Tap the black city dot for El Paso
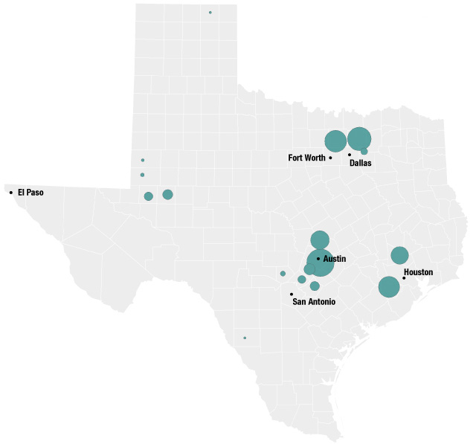(11, 193)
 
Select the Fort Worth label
(306, 158)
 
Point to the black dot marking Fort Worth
(330, 158)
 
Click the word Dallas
(360, 163)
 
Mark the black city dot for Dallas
(350, 155)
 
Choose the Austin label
(335, 258)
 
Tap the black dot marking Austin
(318, 258)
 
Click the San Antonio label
(313, 302)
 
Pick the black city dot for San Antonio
(292, 294)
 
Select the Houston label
(419, 272)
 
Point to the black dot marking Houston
(404, 278)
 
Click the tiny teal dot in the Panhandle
(210, 13)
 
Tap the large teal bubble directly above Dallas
(359, 138)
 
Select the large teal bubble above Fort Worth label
(335, 140)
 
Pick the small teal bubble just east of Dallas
(364, 152)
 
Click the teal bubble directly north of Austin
(320, 239)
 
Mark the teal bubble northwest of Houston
(399, 255)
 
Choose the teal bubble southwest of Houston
(389, 286)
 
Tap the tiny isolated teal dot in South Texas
(245, 338)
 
